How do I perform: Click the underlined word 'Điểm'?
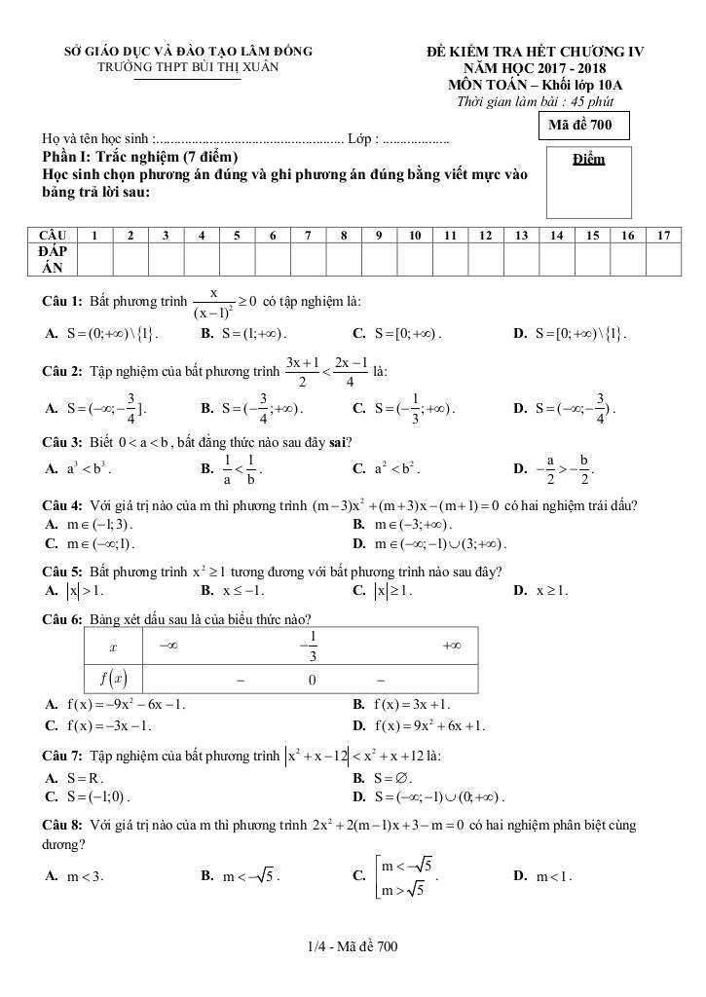point(589,160)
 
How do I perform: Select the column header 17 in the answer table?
point(663,235)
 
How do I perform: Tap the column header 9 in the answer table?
point(378,235)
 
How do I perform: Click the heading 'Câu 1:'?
point(63,302)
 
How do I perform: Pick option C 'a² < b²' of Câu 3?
point(386,468)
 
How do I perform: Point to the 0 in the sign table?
point(311,680)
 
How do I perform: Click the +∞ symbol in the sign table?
point(450,645)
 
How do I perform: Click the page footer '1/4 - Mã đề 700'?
point(353,945)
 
